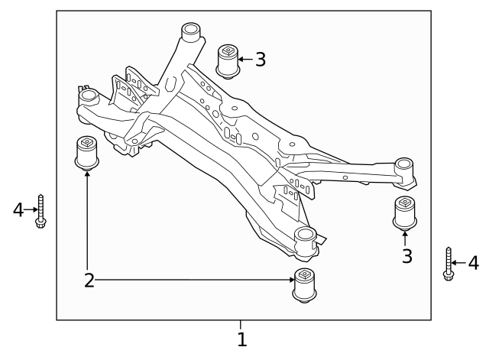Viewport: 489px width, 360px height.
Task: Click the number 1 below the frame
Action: coord(241,339)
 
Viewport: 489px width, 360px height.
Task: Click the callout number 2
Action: coord(89,280)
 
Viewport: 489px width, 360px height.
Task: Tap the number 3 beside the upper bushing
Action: coord(261,60)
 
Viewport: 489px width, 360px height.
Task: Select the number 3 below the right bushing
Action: coord(407,256)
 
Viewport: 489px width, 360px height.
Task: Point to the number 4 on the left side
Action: coord(19,209)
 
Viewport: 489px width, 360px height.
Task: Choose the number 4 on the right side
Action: coord(473,264)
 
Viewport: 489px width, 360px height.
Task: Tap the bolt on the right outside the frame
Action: coord(449,264)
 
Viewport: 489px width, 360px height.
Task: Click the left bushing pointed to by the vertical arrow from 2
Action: coord(87,153)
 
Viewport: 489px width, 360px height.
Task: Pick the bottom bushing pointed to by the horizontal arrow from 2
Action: coord(305,286)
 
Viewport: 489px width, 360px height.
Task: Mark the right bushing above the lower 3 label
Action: coord(404,212)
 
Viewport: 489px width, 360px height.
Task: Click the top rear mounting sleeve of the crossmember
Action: coord(189,34)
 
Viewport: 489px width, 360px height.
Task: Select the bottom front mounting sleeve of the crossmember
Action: coord(305,238)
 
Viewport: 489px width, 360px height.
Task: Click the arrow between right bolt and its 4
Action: coord(460,264)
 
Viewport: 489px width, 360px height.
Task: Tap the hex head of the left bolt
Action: coord(41,224)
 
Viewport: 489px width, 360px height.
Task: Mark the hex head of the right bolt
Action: coord(449,275)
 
